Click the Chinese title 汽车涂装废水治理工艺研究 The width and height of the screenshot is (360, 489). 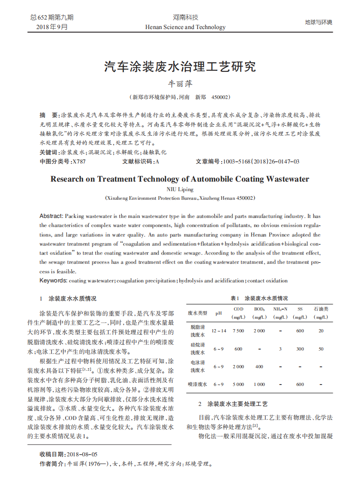180,67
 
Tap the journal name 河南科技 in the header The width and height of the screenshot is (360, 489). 185,17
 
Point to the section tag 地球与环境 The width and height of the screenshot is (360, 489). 318,22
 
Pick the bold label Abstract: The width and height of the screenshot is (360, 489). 52,216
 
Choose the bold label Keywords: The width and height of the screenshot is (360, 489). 54,281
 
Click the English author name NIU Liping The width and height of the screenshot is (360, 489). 180,189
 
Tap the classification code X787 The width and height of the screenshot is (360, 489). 79,161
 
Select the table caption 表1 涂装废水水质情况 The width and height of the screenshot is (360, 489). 259,298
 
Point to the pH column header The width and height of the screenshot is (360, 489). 218,313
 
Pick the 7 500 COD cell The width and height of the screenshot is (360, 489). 238,331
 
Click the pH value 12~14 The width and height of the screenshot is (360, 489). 218,331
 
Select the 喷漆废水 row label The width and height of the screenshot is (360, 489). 197,384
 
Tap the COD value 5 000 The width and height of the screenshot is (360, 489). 238,384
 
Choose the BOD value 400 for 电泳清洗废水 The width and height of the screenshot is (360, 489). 259,366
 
